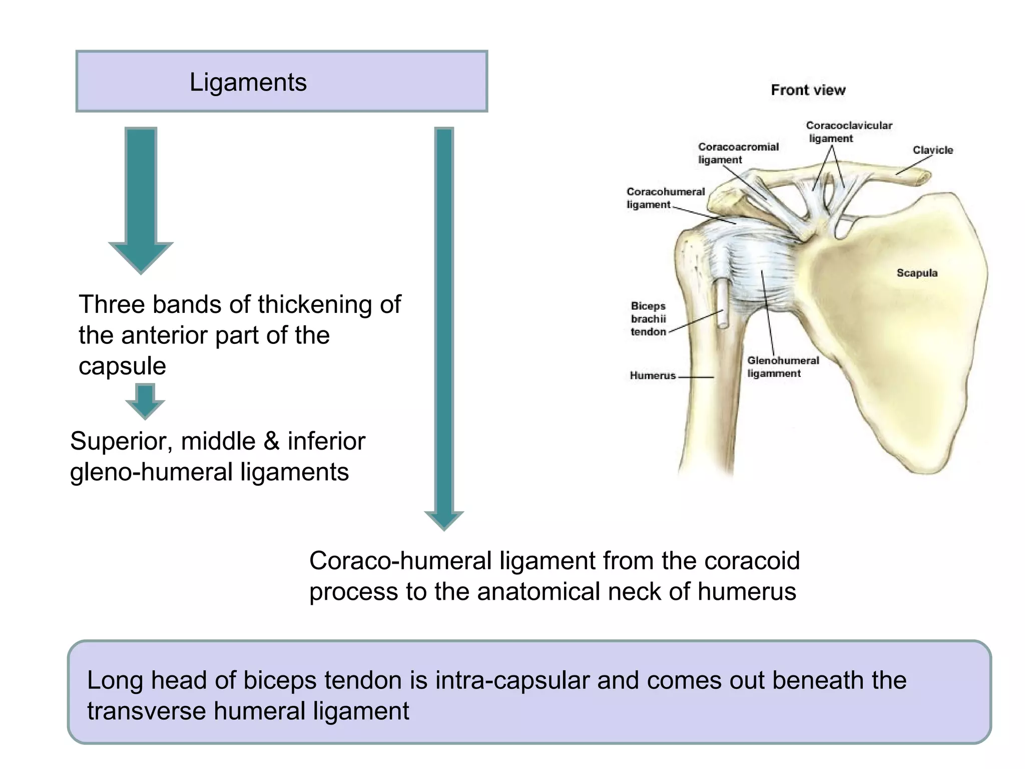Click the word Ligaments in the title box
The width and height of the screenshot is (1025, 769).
248,82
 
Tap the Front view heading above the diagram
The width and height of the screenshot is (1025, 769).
808,90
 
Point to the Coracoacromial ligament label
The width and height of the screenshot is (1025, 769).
738,153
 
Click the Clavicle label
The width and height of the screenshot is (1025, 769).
932,150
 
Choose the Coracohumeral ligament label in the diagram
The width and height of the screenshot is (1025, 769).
665,198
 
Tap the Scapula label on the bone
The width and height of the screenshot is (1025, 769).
917,273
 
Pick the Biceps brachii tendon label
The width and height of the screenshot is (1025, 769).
648,319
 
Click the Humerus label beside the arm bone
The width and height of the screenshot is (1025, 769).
653,375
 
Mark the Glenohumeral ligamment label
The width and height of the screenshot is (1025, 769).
783,367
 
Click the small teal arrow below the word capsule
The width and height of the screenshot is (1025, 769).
145,401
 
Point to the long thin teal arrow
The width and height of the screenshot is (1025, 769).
444,325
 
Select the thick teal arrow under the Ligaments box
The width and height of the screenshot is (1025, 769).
141,200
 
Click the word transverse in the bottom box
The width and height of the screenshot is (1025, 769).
146,711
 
